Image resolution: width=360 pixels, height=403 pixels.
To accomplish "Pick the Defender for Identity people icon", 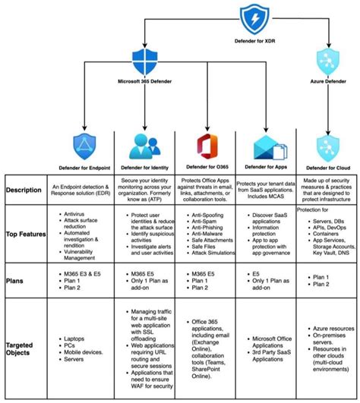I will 143,145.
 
